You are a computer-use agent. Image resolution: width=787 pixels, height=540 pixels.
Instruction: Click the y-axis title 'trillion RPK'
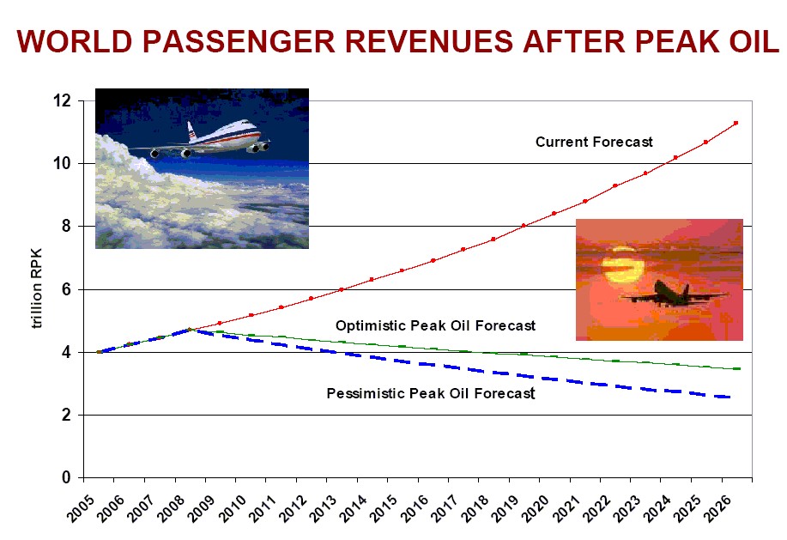pyautogui.click(x=36, y=289)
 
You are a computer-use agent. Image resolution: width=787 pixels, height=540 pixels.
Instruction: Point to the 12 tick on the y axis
pyautogui.click(x=62, y=100)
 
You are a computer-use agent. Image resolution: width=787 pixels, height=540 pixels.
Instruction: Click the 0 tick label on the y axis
pyautogui.click(x=66, y=478)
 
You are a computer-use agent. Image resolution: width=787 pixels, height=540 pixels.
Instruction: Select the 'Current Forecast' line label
pyautogui.click(x=594, y=142)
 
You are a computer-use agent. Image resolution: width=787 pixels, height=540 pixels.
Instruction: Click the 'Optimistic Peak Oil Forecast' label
pyautogui.click(x=435, y=326)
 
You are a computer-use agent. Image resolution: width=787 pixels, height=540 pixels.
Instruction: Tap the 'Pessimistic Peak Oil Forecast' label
pyautogui.click(x=430, y=394)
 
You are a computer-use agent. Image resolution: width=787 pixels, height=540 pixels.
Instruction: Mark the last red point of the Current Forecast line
pyautogui.click(x=736, y=123)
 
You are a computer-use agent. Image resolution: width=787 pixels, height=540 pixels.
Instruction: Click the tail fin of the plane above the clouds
pyautogui.click(x=191, y=130)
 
